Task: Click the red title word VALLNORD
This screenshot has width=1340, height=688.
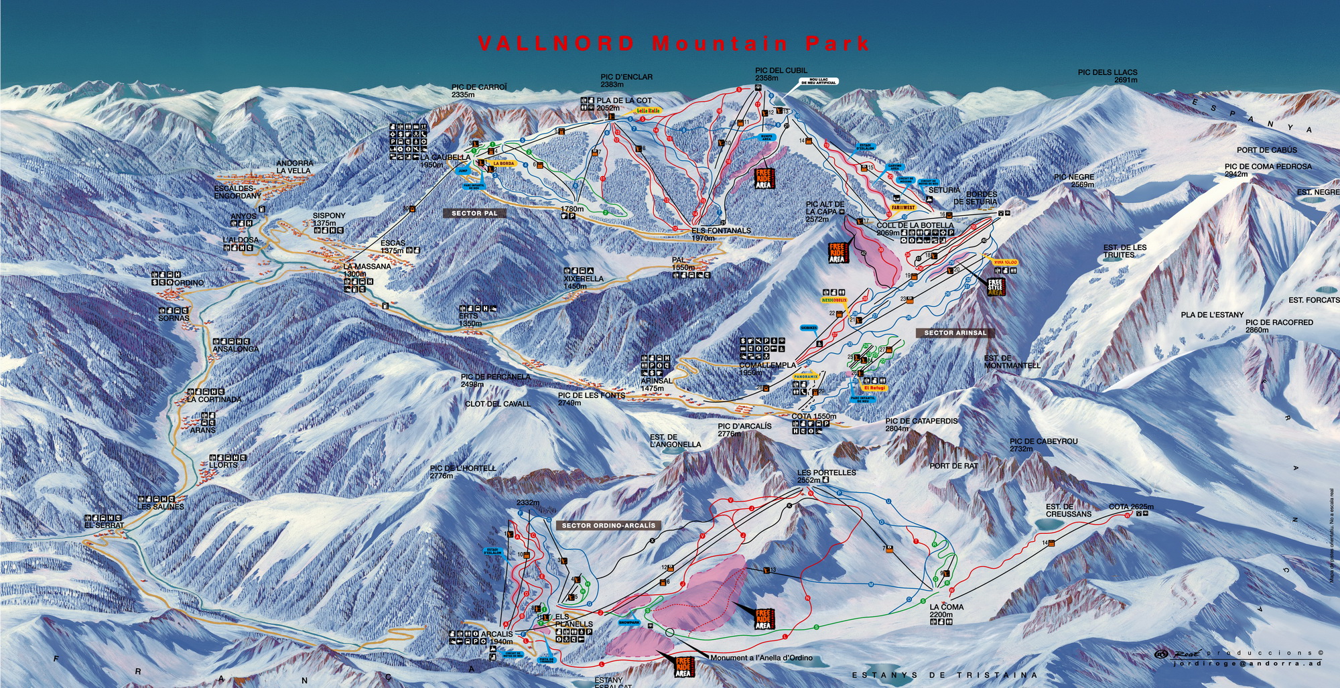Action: click(x=556, y=44)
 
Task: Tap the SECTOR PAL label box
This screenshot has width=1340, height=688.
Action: click(x=474, y=213)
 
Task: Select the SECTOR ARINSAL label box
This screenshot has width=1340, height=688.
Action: click(x=955, y=333)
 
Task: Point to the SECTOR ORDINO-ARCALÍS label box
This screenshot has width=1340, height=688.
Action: click(x=608, y=526)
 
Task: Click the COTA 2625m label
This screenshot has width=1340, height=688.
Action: click(x=1131, y=507)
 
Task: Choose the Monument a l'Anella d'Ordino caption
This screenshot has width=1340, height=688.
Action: click(x=761, y=658)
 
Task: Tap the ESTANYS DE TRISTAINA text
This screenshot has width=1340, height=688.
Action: click(x=944, y=675)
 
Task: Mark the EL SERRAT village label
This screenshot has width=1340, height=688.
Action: click(x=104, y=526)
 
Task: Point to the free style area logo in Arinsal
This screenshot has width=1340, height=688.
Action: click(x=996, y=287)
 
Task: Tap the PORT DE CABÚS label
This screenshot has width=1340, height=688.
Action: click(x=1266, y=150)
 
